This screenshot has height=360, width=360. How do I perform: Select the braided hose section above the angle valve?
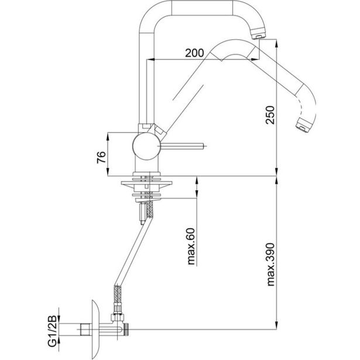[115, 299]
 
